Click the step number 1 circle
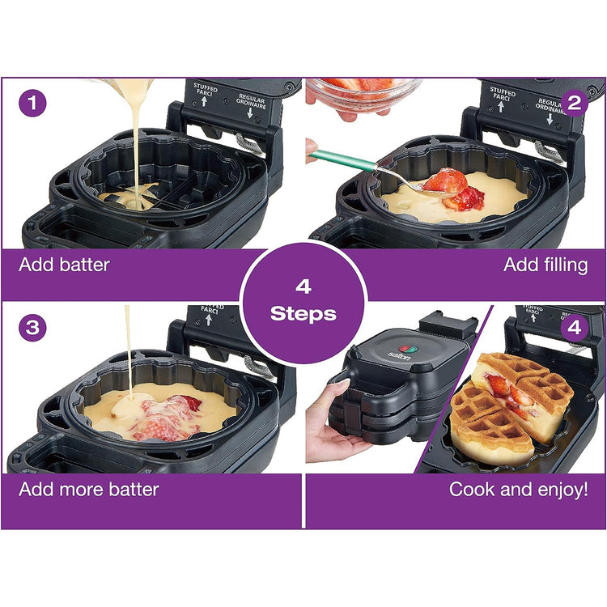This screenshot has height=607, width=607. [x=33, y=104]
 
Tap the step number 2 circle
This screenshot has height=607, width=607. [x=575, y=104]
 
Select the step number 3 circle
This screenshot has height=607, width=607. [x=33, y=329]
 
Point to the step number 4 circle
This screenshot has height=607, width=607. [x=575, y=329]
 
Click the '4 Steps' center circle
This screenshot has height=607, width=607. [x=303, y=300]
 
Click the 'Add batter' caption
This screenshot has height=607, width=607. [x=65, y=265]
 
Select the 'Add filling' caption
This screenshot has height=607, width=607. [x=545, y=265]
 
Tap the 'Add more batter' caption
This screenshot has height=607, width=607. [x=89, y=489]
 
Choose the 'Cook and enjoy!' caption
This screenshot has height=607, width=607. [x=519, y=489]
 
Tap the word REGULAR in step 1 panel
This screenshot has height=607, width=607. [x=251, y=100]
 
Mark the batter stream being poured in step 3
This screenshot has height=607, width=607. [x=127, y=348]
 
